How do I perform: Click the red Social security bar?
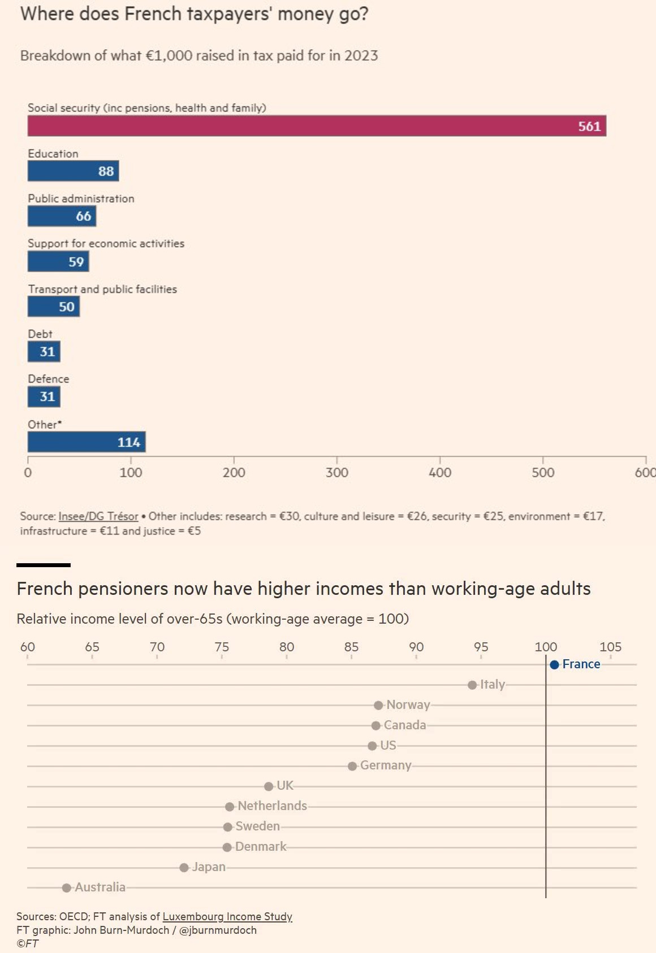tap(317, 126)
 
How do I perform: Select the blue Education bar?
tap(73, 171)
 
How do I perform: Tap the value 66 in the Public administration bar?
tap(83, 216)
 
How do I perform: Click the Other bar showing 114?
tap(87, 442)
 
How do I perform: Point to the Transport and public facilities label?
tap(102, 289)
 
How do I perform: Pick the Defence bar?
tap(44, 397)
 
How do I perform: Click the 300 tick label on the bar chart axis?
tap(336, 473)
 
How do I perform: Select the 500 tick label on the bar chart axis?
tap(542, 473)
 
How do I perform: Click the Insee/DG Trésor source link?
tap(98, 516)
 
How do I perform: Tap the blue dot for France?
tap(554, 665)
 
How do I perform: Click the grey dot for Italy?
tap(472, 685)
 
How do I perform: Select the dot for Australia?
tap(67, 887)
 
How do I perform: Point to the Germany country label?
tap(386, 765)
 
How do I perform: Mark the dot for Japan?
tap(184, 867)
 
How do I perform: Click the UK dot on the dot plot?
tap(269, 786)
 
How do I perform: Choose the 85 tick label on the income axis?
tap(351, 647)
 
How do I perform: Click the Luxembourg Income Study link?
tap(227, 916)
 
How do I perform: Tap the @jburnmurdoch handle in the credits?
tap(218, 930)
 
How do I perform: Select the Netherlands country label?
tap(272, 806)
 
